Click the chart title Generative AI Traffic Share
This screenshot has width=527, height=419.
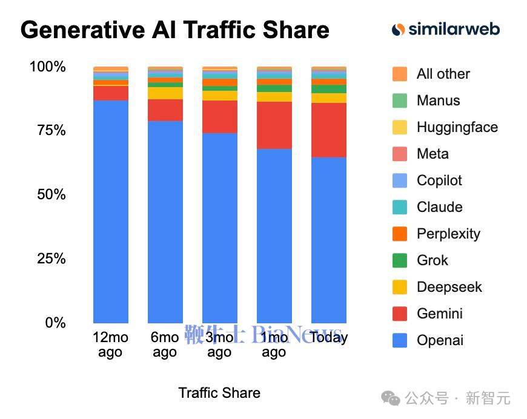coord(174,30)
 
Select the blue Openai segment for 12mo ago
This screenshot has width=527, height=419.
coord(111,212)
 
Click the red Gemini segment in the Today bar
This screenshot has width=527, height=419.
coord(329,130)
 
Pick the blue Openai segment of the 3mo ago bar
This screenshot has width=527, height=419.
coord(220,228)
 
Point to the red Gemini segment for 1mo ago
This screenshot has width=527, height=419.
coord(274,125)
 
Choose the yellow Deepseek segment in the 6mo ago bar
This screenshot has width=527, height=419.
coord(165,93)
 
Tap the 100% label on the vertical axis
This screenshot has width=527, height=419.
coord(47,67)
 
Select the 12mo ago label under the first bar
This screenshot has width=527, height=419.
coord(110,345)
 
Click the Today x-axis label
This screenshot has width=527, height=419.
coord(329,337)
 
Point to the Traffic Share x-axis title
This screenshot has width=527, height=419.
coord(219,393)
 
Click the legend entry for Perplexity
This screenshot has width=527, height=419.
coord(448,234)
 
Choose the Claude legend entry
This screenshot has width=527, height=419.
coord(439,207)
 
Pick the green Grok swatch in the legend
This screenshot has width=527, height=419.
coord(400,260)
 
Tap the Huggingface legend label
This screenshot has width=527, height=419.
coord(457,127)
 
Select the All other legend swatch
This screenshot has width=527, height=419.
coord(400,74)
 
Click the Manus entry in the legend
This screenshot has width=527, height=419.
coord(438,101)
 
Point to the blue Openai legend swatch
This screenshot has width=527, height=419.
coord(400,340)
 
